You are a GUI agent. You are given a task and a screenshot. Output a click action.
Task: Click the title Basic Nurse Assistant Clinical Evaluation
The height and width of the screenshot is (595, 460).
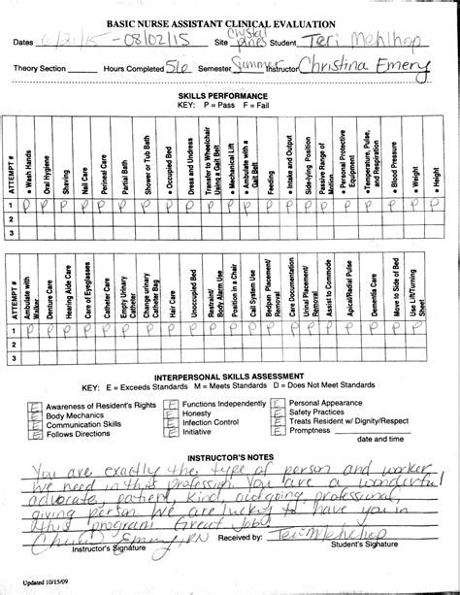[x=229, y=21]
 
